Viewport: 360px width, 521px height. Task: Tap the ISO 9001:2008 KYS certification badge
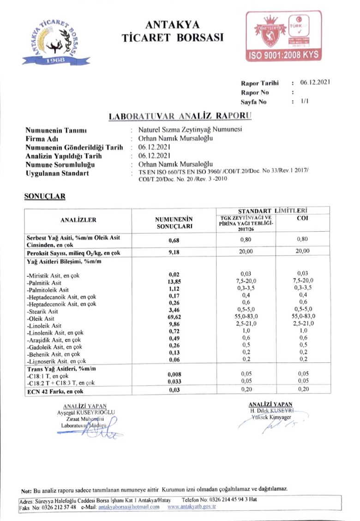pyautogui.click(x=283, y=36)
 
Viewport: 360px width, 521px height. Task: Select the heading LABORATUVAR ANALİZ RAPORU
pyautogui.click(x=180, y=115)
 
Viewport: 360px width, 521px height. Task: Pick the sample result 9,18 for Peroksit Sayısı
pyautogui.click(x=174, y=252)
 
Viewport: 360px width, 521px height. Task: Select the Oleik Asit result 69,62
pyautogui.click(x=174, y=318)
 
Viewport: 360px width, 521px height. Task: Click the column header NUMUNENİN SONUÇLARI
pyautogui.click(x=174, y=223)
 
